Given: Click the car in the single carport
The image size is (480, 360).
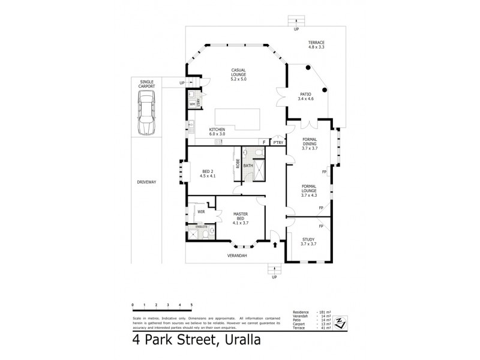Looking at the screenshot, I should [146, 115].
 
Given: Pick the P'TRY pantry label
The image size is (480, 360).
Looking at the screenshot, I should [277, 143].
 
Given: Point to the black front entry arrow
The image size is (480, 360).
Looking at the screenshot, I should [275, 245].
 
